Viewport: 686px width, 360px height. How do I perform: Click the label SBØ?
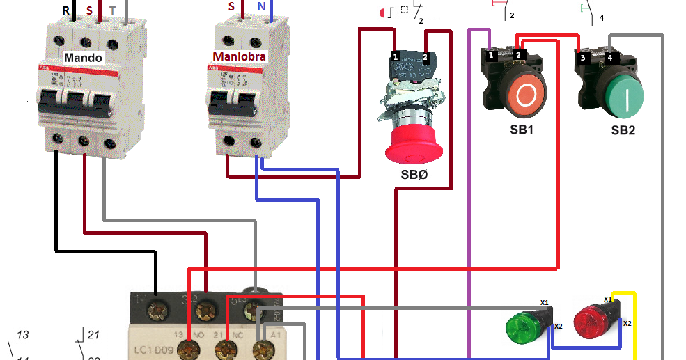[414, 175]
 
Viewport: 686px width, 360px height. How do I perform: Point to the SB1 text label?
[522, 129]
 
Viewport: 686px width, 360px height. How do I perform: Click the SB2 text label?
[623, 130]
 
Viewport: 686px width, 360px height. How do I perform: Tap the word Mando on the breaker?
[83, 57]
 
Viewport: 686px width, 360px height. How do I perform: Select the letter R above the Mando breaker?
[66, 11]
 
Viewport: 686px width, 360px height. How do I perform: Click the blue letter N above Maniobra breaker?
[260, 6]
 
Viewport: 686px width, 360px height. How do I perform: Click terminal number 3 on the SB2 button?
[582, 58]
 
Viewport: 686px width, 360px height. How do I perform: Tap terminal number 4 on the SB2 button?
[609, 58]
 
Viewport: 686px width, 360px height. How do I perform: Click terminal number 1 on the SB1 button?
[491, 54]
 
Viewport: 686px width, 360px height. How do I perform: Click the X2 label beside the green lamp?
[558, 326]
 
